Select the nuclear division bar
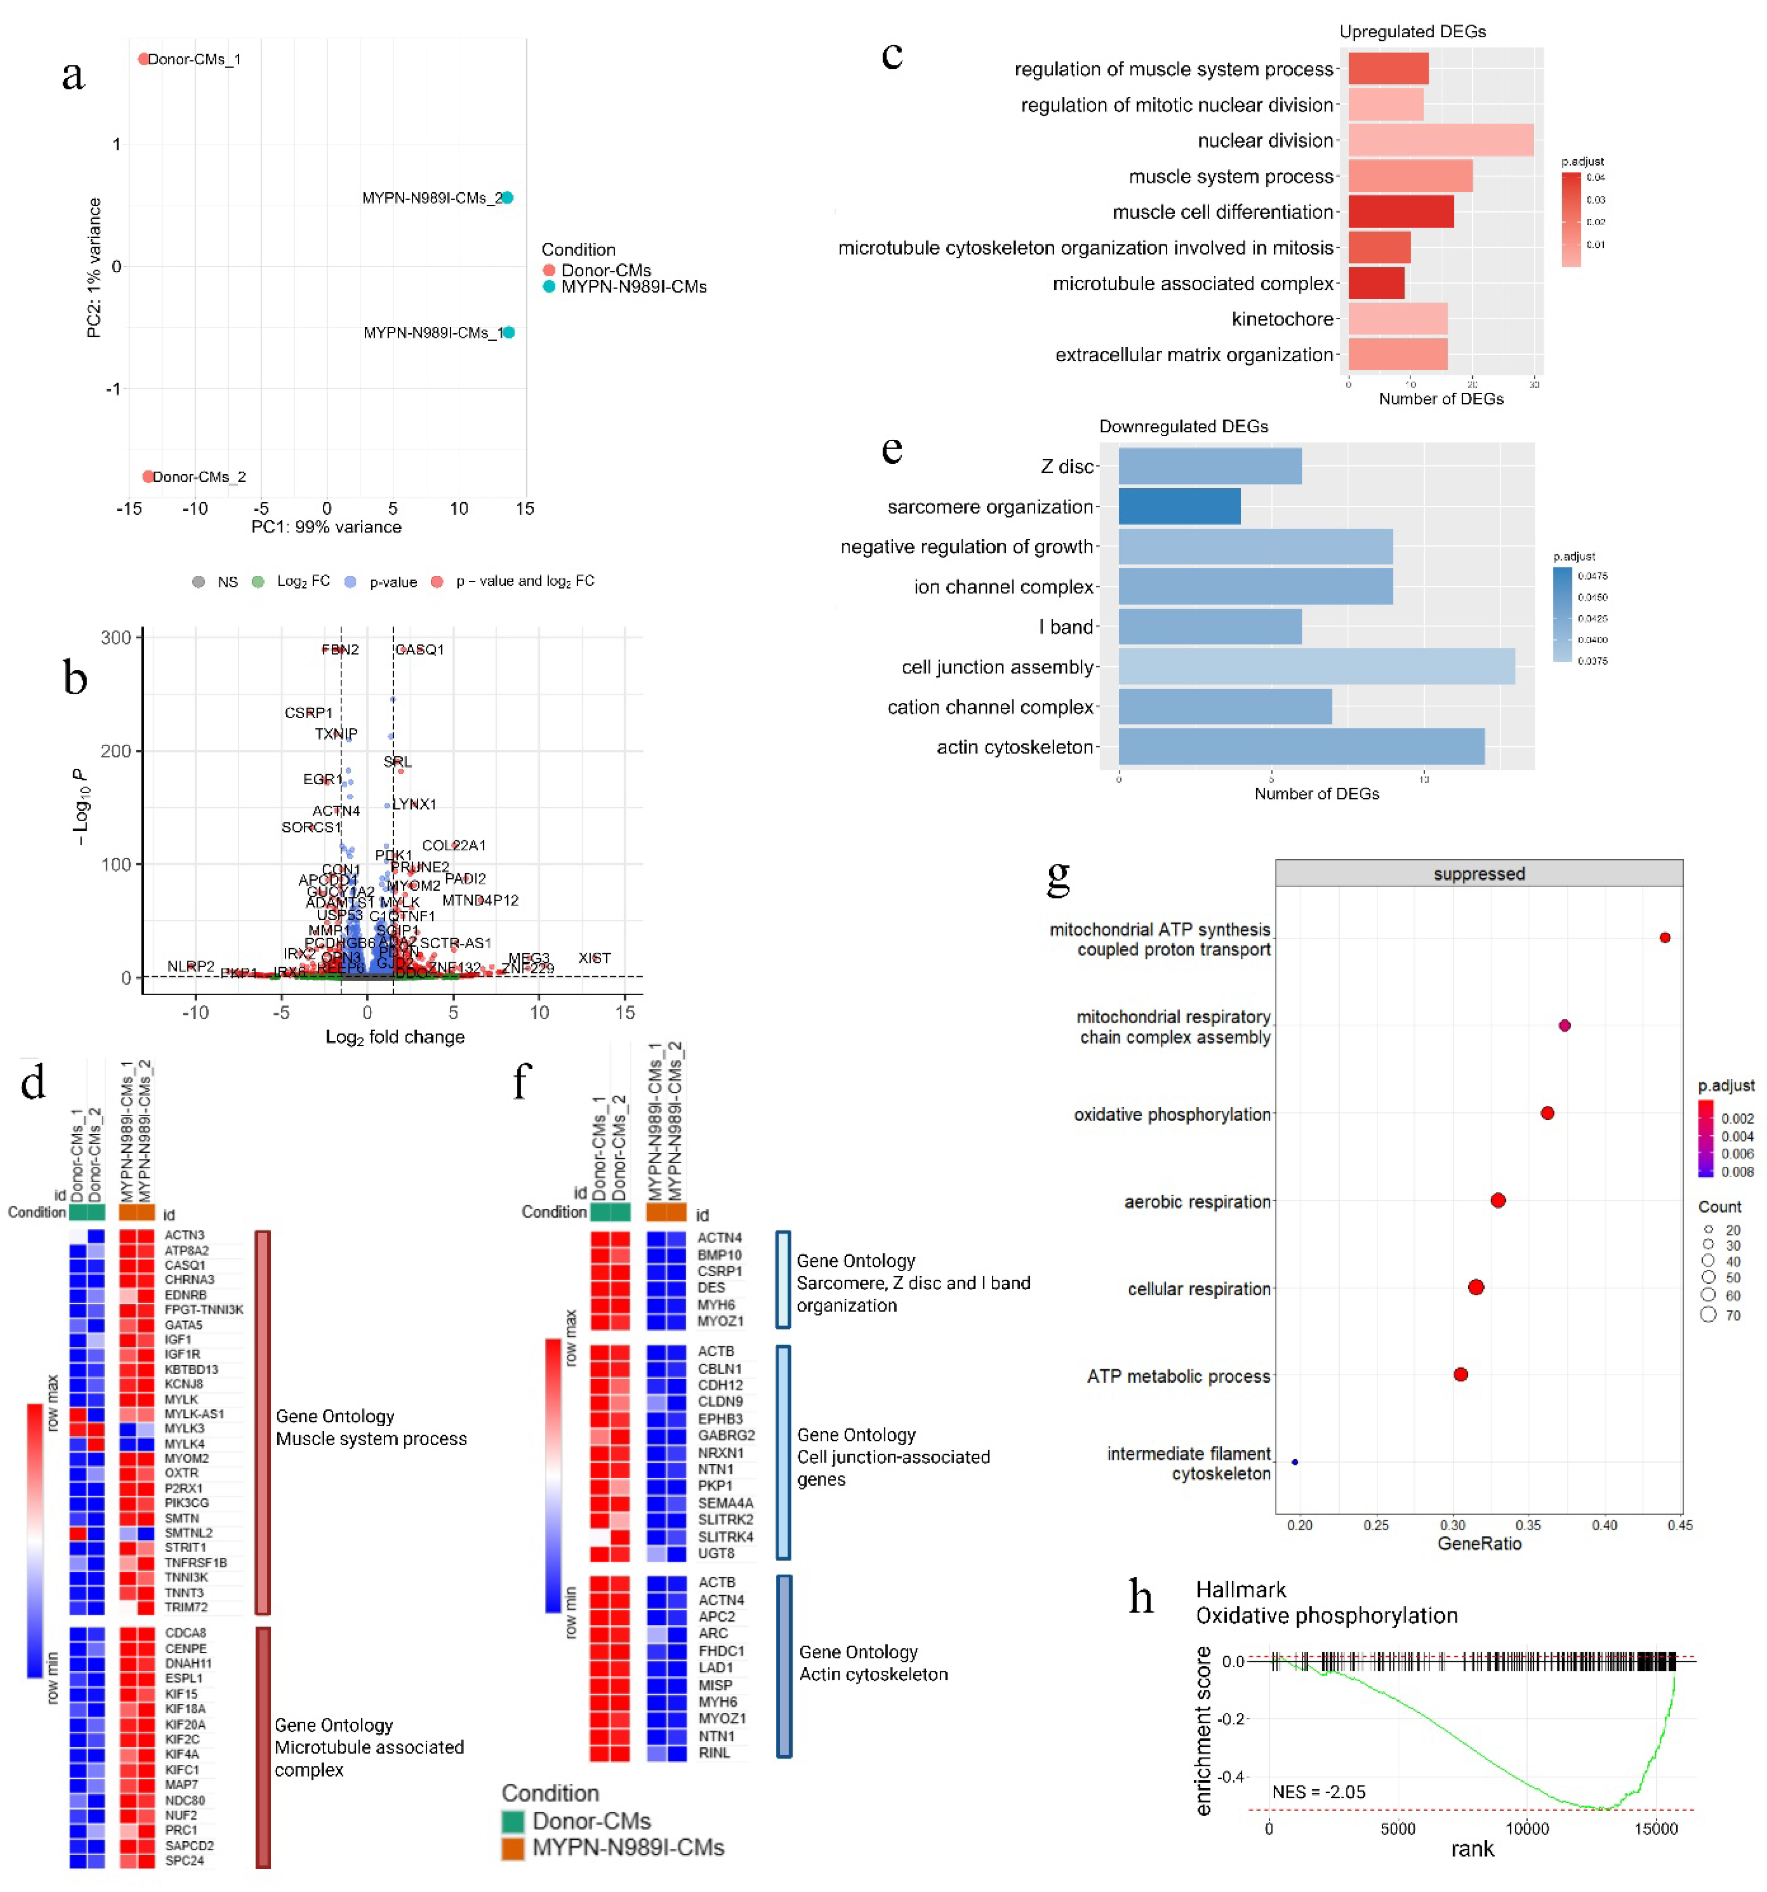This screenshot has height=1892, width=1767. tap(1439, 141)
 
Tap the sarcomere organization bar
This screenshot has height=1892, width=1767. tap(1179, 506)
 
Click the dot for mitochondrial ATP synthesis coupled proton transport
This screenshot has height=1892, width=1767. tap(1664, 937)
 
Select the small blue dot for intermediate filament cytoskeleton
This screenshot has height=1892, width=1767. tap(1294, 1462)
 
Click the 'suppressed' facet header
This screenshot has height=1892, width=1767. tap(1479, 874)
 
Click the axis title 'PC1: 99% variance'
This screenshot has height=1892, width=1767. tap(327, 527)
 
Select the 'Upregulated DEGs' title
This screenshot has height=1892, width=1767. tap(1412, 31)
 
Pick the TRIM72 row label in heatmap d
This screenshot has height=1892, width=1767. tap(186, 1608)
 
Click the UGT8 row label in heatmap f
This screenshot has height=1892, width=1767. tap(716, 1553)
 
